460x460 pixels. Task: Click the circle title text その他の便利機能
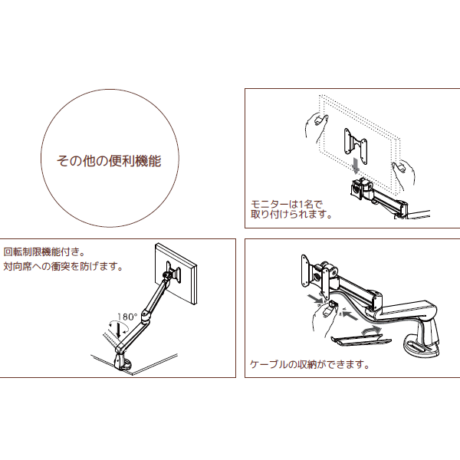109,162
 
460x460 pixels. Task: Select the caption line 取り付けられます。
291,215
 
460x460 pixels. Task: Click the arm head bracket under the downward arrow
360,187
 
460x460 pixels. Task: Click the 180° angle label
127,316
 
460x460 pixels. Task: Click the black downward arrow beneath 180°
116,330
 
